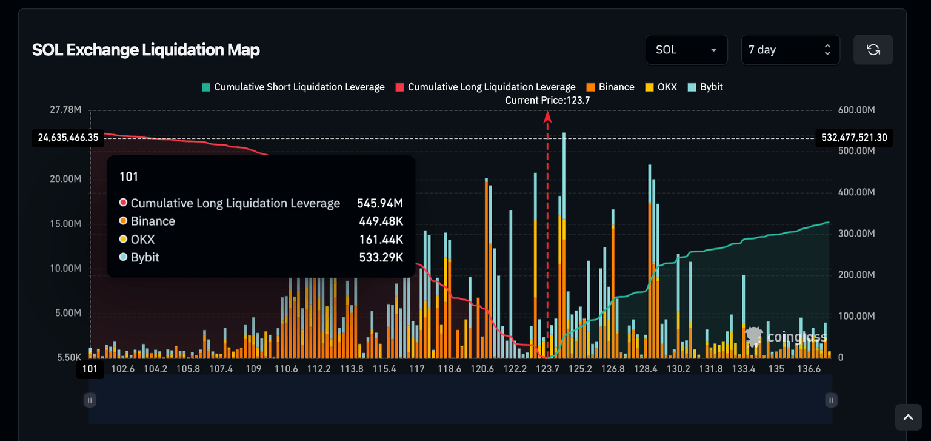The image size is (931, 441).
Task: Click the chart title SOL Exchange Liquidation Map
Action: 146,50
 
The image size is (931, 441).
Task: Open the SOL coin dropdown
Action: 686,50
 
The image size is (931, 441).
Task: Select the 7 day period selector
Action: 790,50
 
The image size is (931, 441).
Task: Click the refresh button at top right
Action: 873,50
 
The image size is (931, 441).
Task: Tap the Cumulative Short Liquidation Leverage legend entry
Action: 293,87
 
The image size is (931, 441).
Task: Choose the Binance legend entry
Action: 610,87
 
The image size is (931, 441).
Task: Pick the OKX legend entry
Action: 661,87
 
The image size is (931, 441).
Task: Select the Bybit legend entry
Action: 706,87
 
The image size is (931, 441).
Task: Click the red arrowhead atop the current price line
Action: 547,116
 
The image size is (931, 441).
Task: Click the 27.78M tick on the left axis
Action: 65,110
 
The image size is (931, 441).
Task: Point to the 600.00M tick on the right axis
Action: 856,110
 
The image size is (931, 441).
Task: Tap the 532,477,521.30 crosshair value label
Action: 854,138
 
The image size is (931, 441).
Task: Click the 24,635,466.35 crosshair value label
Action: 68,138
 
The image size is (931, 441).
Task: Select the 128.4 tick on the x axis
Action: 646,369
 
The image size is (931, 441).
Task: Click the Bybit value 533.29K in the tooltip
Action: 381,257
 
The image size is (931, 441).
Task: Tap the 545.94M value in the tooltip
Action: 379,203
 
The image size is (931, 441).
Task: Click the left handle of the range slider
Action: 90,400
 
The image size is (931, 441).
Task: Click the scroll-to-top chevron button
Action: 908,417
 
